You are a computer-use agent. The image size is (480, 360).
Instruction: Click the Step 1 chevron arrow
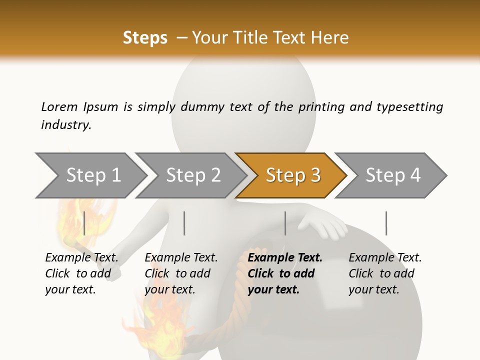[x=93, y=175]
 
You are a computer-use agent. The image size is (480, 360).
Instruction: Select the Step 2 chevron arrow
[x=193, y=175]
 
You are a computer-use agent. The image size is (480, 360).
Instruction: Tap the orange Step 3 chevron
[x=292, y=175]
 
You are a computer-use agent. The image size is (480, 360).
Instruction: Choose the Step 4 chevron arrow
[x=392, y=175]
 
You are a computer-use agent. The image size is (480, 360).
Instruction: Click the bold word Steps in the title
[x=145, y=37]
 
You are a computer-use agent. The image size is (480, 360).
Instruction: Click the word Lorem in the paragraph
[x=59, y=106]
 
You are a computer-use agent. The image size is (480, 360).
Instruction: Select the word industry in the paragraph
[x=65, y=124]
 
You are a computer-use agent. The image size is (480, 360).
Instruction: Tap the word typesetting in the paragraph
[x=409, y=107]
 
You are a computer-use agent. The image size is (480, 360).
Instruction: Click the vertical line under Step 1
[x=84, y=223]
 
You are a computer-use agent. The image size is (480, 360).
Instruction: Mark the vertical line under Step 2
[x=184, y=223]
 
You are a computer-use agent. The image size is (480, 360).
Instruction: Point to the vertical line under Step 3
[x=285, y=223]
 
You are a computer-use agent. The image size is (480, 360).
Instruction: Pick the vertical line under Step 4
[x=386, y=223]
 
